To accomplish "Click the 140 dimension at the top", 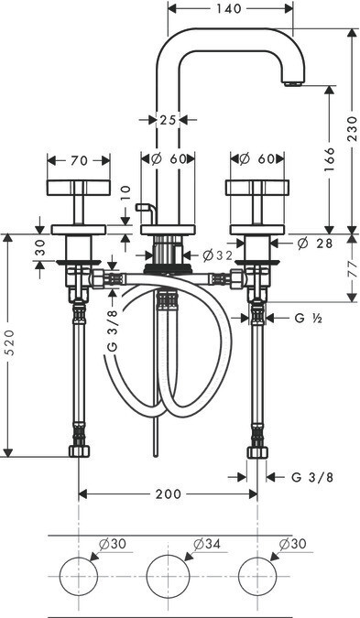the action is [228, 8].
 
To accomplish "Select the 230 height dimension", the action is [353, 128].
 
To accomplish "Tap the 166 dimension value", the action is [329, 159].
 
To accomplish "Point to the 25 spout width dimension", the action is [168, 119].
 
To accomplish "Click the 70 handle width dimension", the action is [79, 160].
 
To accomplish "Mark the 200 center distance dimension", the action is [168, 493].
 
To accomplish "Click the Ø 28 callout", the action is [315, 244].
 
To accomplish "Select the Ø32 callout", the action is [218, 255].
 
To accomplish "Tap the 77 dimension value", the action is [353, 268].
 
